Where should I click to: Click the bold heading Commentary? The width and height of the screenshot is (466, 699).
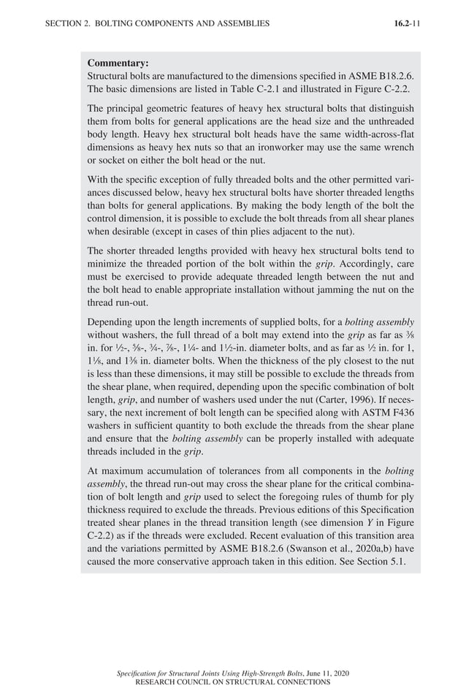[118, 64]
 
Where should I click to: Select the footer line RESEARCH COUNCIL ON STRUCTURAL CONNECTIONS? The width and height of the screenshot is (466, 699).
[233, 681]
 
